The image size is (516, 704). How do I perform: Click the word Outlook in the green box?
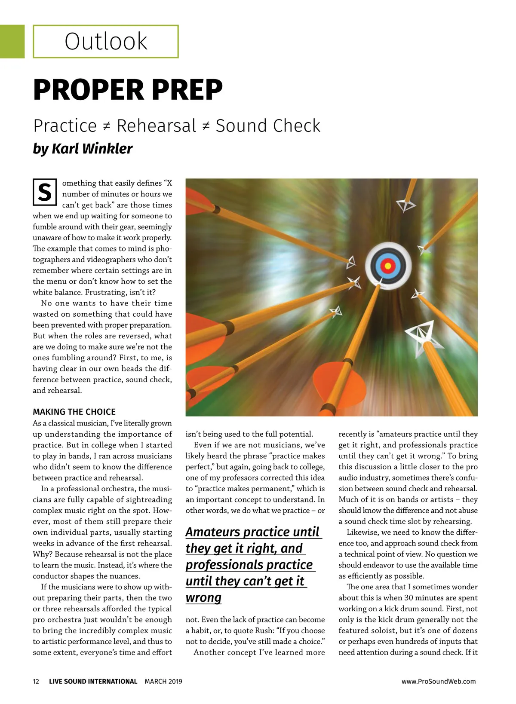106,42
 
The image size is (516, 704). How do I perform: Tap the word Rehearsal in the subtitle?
157,126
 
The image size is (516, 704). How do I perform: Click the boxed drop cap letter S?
45,192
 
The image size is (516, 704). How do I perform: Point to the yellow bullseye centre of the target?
388,266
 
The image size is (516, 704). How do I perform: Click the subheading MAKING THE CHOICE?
74,412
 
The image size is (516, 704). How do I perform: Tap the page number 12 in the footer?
36,681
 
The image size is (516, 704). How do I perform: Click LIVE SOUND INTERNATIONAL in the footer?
93,681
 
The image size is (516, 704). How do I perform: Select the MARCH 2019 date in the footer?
163,681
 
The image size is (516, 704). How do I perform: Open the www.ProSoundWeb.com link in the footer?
439,681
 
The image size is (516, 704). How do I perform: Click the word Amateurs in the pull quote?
213,532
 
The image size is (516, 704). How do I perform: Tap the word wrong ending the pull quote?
203,597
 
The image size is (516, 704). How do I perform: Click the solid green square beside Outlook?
12,41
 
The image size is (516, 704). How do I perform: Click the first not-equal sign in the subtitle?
107,126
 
